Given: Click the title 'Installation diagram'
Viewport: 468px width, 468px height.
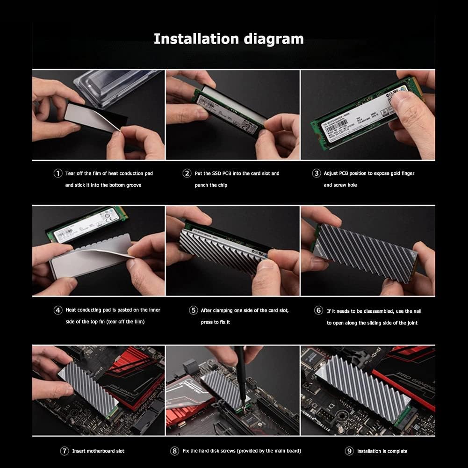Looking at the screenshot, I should (x=229, y=38).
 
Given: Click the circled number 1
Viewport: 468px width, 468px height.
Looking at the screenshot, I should (x=58, y=173).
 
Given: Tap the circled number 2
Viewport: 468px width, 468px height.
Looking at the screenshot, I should (x=187, y=173).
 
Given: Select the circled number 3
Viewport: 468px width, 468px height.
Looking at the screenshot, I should (x=316, y=173).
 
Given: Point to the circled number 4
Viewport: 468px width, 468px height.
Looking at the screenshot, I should (x=58, y=310).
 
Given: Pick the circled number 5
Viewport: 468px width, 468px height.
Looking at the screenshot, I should (x=193, y=310).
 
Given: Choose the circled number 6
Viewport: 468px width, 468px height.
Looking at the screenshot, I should (x=318, y=310).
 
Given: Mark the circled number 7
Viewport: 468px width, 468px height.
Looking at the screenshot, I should (x=65, y=451).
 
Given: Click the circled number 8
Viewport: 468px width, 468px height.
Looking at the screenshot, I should (x=174, y=451).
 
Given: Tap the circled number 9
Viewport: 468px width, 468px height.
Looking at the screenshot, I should (x=349, y=451).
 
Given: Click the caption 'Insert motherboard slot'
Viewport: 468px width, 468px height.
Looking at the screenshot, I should (x=98, y=451).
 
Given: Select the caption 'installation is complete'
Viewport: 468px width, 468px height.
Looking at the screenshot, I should (x=382, y=451).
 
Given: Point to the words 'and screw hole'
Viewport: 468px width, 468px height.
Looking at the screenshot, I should (x=340, y=185).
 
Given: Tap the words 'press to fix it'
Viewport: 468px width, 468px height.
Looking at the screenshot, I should (x=216, y=322).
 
